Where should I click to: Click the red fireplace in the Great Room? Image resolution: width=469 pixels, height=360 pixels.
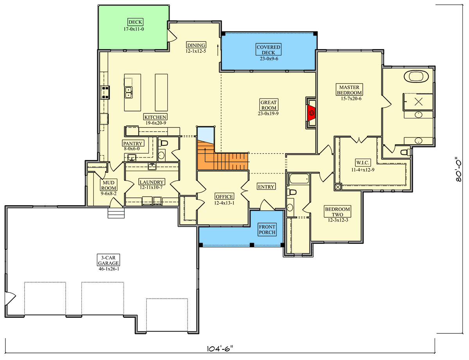(311, 113)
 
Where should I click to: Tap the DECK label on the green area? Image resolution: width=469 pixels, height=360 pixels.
(135, 22)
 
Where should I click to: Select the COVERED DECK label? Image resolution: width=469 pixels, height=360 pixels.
(268, 50)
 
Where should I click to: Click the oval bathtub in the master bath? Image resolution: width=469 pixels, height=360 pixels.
(416, 76)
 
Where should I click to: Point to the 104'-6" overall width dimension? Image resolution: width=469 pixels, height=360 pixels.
(220, 349)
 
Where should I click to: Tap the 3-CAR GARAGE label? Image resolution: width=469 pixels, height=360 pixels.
(108, 260)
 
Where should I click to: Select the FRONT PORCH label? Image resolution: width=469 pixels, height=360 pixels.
(267, 229)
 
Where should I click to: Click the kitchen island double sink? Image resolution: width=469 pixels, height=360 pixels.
(129, 93)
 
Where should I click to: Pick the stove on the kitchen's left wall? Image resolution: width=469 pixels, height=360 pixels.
(105, 92)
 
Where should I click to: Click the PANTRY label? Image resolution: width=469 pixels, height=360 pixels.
(132, 143)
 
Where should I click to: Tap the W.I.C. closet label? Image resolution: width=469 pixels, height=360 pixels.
(363, 163)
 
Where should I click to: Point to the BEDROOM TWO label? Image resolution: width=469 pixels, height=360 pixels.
(337, 212)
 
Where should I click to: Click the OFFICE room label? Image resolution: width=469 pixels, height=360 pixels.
(224, 197)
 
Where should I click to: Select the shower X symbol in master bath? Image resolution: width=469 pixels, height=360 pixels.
(419, 102)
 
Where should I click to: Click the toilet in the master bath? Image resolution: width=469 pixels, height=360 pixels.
(405, 152)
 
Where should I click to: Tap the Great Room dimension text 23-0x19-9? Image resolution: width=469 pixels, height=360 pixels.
(268, 114)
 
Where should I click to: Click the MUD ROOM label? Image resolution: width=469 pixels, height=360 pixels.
(108, 185)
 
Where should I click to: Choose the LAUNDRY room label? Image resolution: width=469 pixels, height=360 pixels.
(152, 182)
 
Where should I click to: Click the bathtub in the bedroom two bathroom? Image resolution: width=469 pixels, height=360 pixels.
(299, 179)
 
